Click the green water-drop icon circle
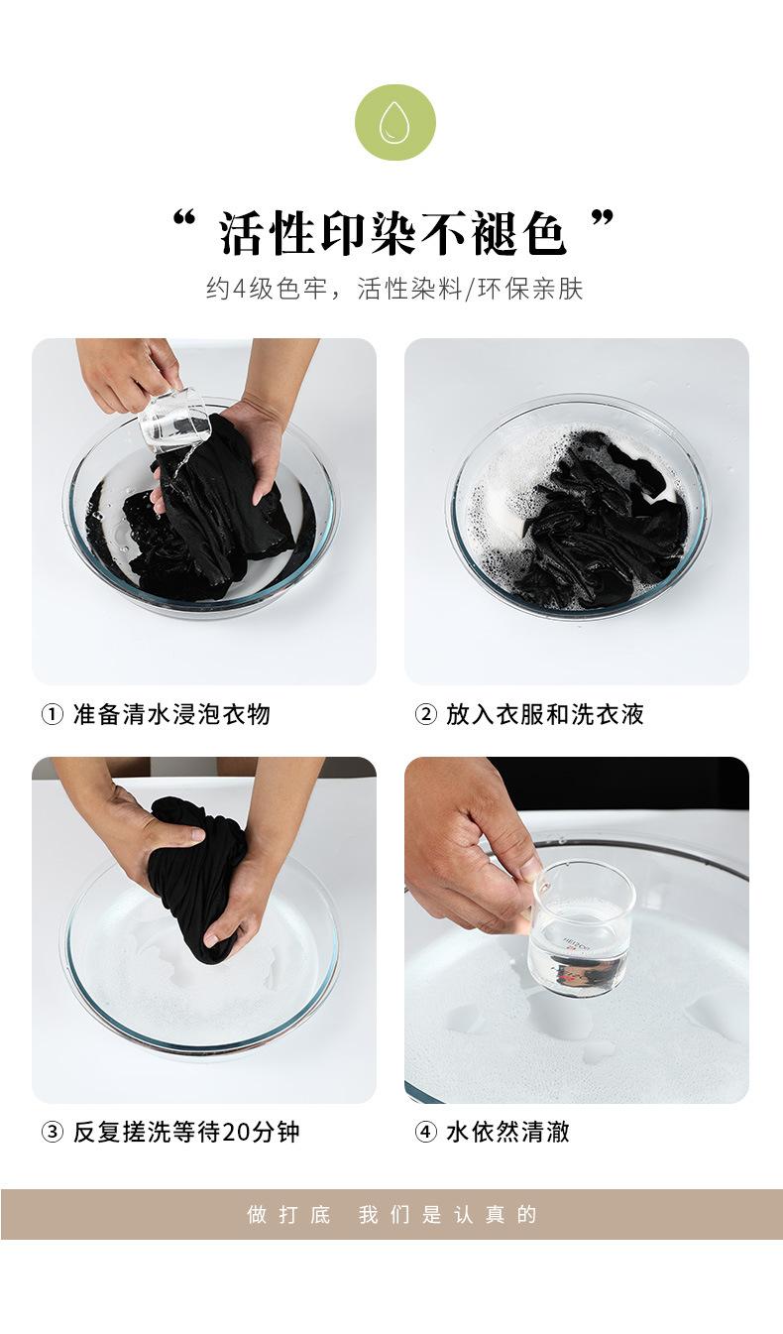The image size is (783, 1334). (395, 122)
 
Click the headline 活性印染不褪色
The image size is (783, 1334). (392, 232)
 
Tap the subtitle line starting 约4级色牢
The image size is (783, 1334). (394, 289)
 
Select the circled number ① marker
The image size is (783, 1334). (52, 714)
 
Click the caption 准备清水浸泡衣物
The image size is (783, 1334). (171, 714)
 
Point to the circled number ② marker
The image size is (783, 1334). (425, 714)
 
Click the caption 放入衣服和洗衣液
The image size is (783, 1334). (545, 714)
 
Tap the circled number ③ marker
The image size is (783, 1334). (52, 1132)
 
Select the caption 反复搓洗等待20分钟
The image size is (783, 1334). (186, 1132)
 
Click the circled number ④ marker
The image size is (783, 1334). (425, 1132)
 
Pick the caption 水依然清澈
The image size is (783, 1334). (508, 1132)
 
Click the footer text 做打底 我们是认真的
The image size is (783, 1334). (392, 1214)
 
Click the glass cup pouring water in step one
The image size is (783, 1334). (172, 420)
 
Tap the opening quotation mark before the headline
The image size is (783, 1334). (184, 219)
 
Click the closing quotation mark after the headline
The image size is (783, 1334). (603, 219)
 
